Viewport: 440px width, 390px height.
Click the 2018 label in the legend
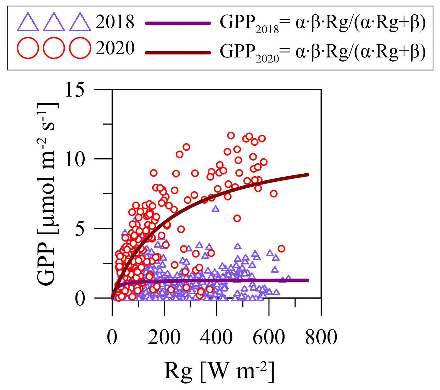115,22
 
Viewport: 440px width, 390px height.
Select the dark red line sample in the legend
178,53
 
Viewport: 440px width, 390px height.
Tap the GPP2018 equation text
323,24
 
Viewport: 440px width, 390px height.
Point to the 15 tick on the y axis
75,89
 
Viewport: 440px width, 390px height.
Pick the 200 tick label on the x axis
164,337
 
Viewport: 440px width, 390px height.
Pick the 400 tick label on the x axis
216,337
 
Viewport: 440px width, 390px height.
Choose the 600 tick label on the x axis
269,337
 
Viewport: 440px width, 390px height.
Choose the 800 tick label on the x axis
321,337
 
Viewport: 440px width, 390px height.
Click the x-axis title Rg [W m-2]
219,371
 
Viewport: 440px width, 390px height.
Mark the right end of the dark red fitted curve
308,175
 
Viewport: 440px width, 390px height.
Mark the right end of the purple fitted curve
308,280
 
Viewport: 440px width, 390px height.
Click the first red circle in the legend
28,48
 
